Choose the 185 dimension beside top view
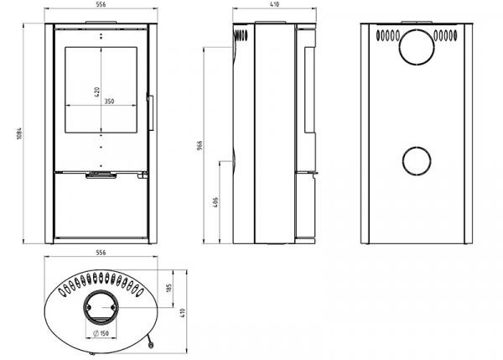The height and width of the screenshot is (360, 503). coord(169,290)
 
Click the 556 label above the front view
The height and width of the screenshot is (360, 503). coord(101,6)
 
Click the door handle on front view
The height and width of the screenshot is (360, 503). coord(151,112)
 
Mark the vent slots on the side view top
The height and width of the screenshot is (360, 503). coord(241,37)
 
